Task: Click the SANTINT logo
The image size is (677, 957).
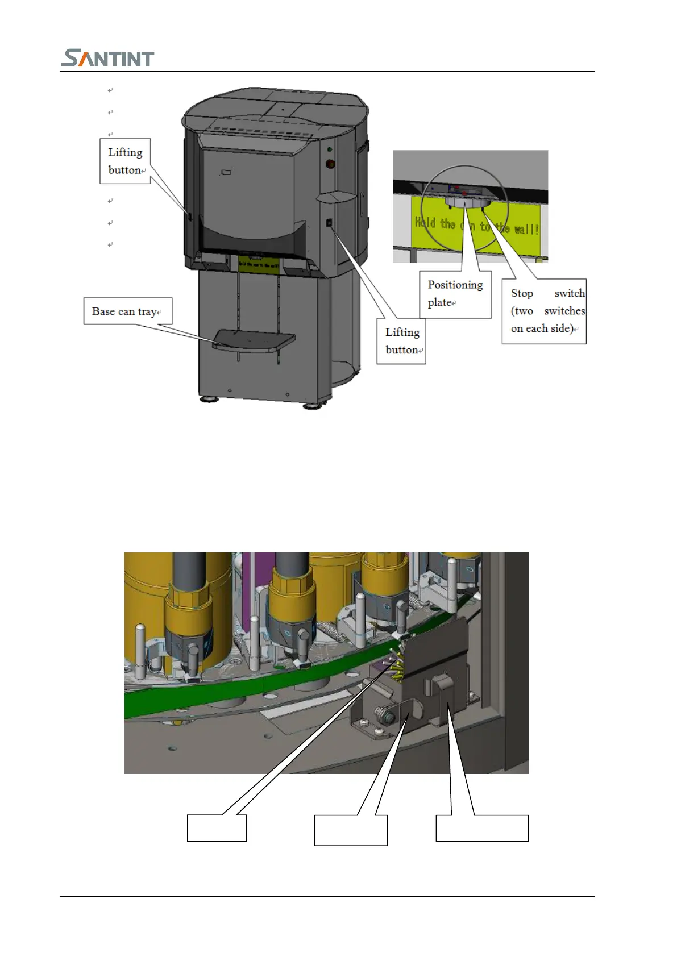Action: coord(107,58)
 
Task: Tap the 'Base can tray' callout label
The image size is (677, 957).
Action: coord(127,311)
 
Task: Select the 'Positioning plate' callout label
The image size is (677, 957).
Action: coord(455,294)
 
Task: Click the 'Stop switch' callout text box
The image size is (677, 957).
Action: coord(544,311)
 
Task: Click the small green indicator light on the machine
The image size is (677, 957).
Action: coord(330,149)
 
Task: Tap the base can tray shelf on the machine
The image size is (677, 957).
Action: coord(254,341)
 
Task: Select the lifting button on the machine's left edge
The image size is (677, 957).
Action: coord(189,217)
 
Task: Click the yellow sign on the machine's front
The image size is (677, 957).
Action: coord(259,263)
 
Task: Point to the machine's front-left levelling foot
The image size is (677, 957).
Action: coord(209,399)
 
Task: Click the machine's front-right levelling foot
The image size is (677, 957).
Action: coord(311,406)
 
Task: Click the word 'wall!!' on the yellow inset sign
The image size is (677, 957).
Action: coord(526,229)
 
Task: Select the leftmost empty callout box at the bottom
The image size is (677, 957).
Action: coord(217,828)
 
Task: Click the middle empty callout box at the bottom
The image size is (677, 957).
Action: coord(351,830)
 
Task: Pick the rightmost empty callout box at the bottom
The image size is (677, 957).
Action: coord(482,828)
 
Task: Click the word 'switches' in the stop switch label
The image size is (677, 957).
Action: coord(564,311)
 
